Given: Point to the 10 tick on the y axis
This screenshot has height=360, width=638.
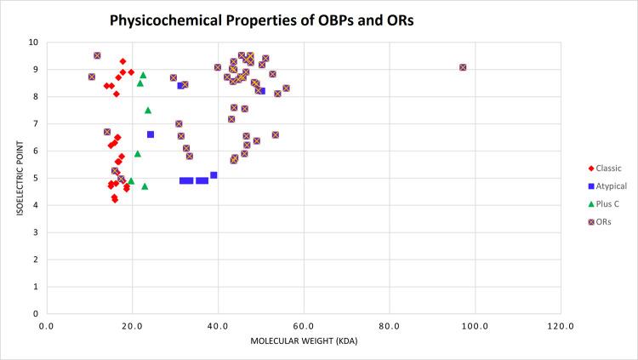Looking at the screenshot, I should point(32,42).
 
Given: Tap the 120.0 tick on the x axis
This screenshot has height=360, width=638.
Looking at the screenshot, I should point(560,326).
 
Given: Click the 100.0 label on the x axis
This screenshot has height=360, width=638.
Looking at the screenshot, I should point(474,326).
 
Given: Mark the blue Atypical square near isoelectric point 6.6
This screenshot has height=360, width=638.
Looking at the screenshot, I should point(151,134).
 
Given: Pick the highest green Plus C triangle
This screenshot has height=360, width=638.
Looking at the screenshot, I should point(143,75).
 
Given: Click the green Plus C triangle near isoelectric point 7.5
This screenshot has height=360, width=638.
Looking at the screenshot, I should point(148,110).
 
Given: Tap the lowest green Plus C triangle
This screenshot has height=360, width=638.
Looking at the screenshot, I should point(145,186).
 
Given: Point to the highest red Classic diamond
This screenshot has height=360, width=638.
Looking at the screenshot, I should point(122,61).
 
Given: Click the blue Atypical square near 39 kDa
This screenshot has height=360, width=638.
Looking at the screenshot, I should point(214,175).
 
